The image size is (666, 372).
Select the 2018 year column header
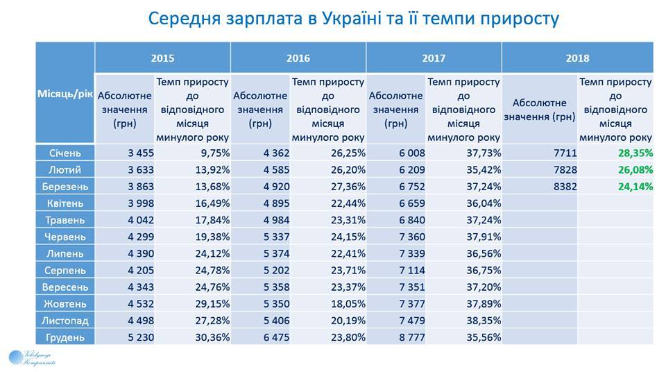pyautogui.click(x=577, y=58)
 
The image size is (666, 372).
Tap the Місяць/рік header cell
pyautogui.click(x=65, y=92)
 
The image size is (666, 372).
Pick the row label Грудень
pyautogui.click(x=65, y=337)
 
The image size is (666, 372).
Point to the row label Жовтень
pyautogui.click(x=65, y=304)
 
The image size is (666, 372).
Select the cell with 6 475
pyautogui.click(x=270, y=337)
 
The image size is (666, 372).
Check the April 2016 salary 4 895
pyautogui.click(x=270, y=203)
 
